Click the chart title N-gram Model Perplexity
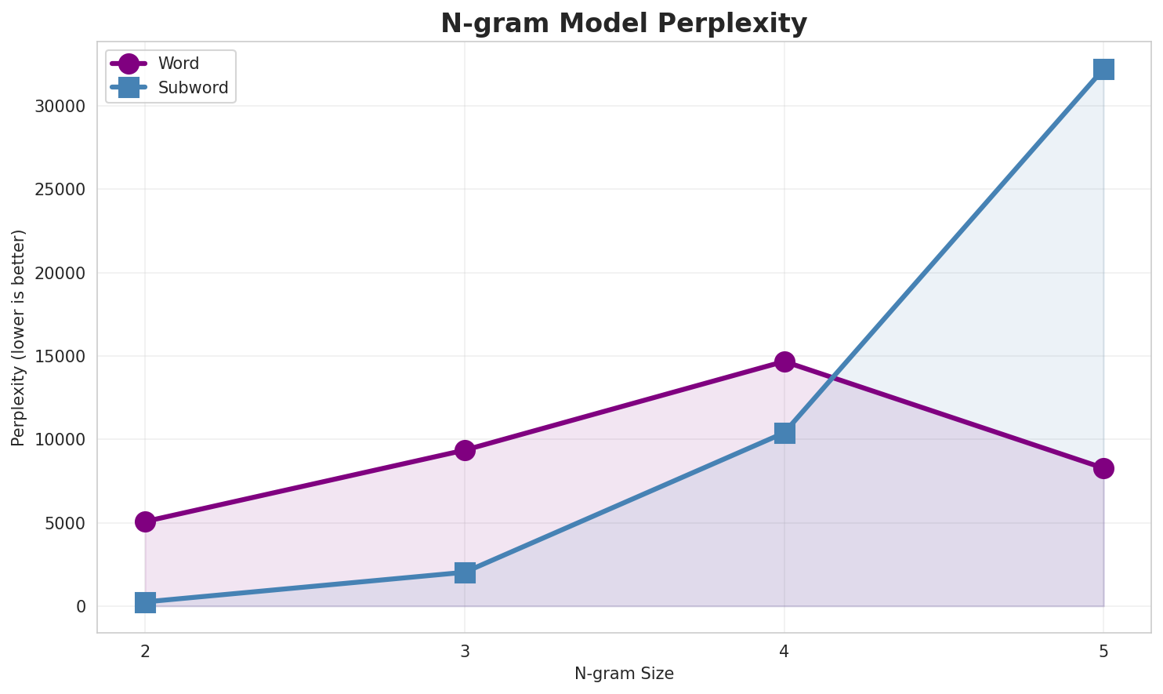(623, 24)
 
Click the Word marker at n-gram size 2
(145, 521)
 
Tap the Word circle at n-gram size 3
(465, 450)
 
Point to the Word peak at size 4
(784, 362)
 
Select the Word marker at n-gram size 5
(1103, 468)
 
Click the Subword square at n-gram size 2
(145, 602)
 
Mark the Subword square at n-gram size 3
(465, 572)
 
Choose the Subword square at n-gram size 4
(784, 433)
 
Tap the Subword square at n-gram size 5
(1103, 69)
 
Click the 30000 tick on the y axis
(60, 106)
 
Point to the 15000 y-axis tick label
(60, 356)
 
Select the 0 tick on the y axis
(82, 606)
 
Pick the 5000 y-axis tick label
(65, 523)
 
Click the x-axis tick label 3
(465, 651)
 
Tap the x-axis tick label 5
(1103, 651)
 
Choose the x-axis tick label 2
(145, 651)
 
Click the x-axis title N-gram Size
(624, 674)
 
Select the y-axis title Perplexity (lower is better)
(19, 338)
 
